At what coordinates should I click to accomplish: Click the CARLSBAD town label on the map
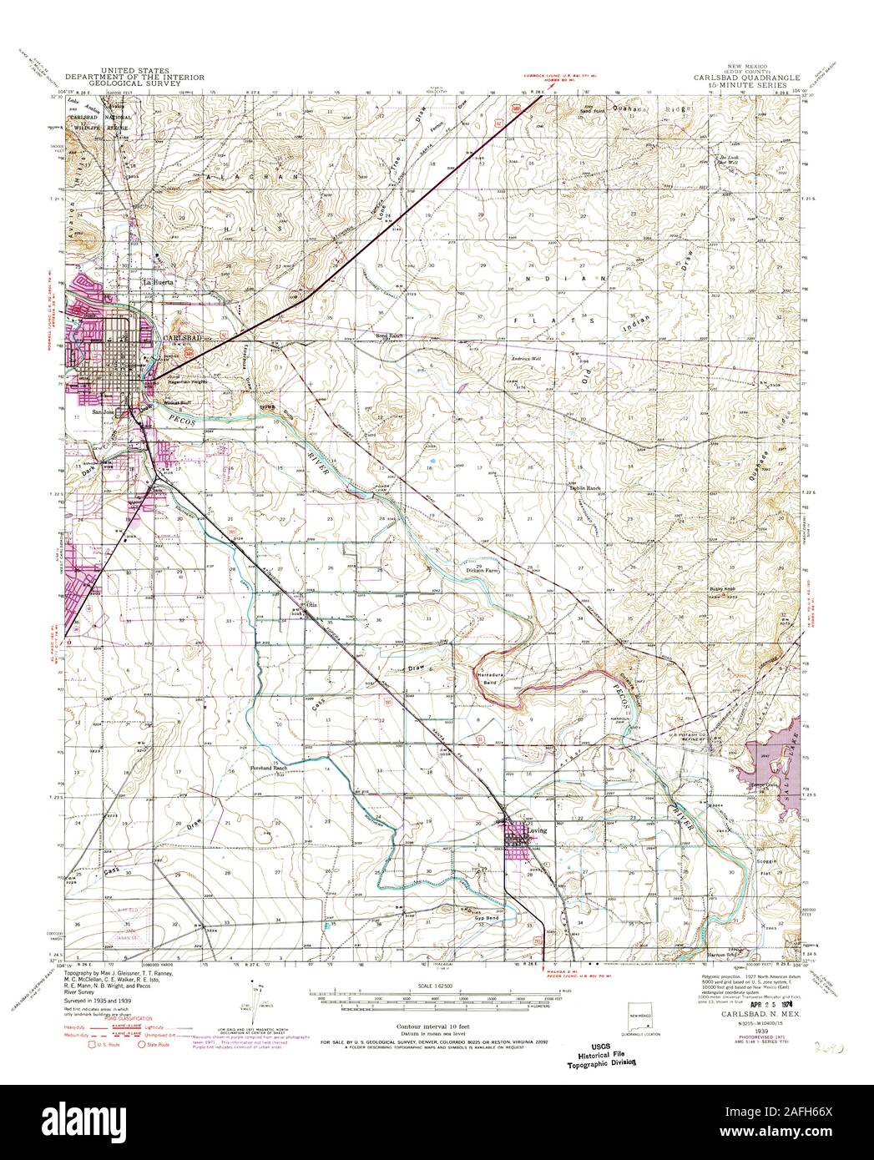(184, 336)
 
